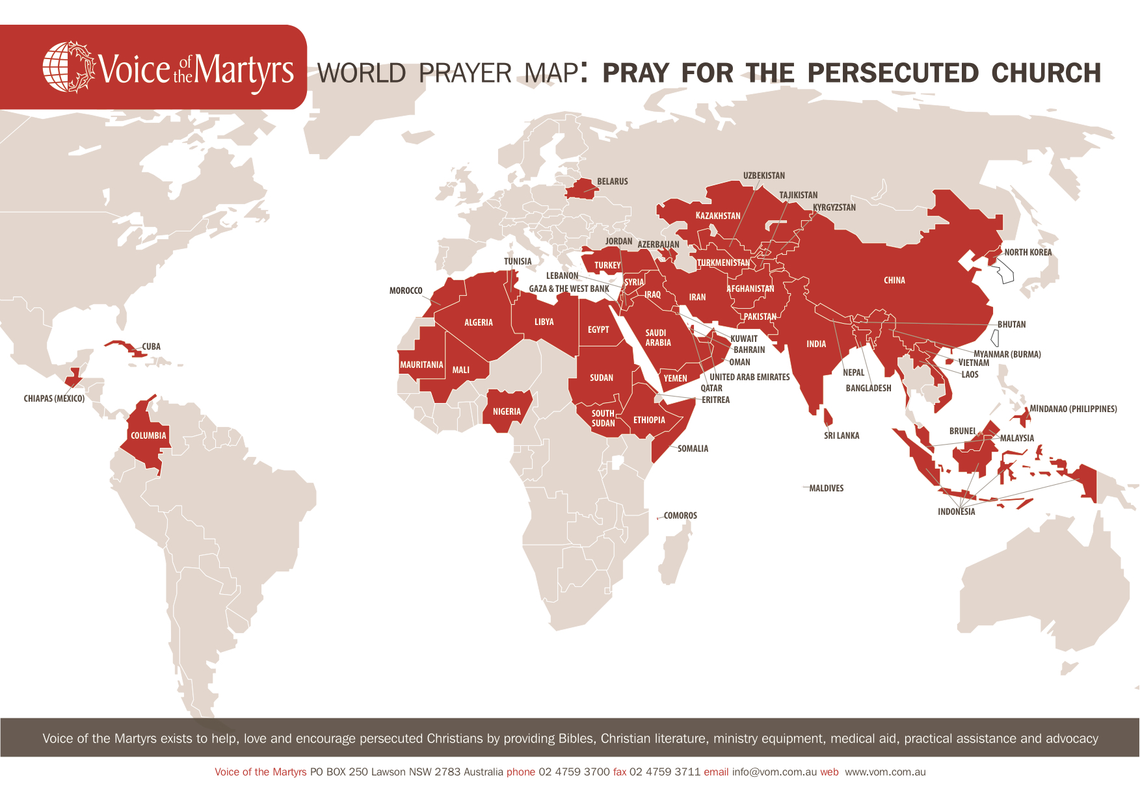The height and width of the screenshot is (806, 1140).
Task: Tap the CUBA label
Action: [152, 346]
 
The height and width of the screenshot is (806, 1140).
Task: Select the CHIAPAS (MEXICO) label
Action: [54, 398]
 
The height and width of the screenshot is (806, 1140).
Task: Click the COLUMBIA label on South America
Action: [148, 435]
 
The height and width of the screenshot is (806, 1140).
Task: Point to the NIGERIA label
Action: [507, 411]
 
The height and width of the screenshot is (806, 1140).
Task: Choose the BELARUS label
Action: [613, 181]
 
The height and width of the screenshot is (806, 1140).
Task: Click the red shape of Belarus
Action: [581, 188]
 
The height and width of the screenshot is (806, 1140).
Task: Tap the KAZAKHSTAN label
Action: [718, 216]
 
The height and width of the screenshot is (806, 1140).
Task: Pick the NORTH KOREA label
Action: [1027, 252]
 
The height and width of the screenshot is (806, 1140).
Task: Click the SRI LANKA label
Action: [842, 435]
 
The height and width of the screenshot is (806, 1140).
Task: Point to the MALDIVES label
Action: [826, 488]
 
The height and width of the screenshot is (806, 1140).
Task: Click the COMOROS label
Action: [680, 515]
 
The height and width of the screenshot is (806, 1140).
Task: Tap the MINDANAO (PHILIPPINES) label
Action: [1073, 409]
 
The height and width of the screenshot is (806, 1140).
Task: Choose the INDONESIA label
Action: [956, 512]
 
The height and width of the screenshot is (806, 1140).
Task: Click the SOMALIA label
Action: [693, 448]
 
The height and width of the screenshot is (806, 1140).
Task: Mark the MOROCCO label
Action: [406, 291]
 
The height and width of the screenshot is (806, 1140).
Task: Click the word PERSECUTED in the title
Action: [892, 73]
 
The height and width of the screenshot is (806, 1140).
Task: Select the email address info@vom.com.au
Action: [774, 772]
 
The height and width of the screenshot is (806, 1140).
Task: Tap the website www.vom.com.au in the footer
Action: [885, 772]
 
